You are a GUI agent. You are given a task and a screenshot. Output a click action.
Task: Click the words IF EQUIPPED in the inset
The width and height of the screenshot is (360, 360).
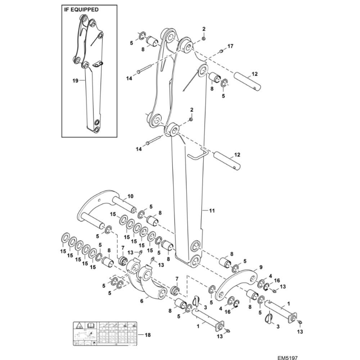pos(81,10)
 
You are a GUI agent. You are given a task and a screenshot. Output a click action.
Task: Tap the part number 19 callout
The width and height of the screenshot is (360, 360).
pos(75,81)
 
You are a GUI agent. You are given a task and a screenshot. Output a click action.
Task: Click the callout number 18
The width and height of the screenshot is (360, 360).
pos(147,335)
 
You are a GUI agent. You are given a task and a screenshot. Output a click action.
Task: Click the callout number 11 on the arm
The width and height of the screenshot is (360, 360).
pos(212,211)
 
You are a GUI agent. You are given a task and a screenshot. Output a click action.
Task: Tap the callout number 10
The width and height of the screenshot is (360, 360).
pos(130,196)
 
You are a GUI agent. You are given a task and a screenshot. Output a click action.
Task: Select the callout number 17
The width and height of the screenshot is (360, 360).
pos(230,46)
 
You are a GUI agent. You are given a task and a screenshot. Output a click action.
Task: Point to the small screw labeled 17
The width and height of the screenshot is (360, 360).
pos(222,51)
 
